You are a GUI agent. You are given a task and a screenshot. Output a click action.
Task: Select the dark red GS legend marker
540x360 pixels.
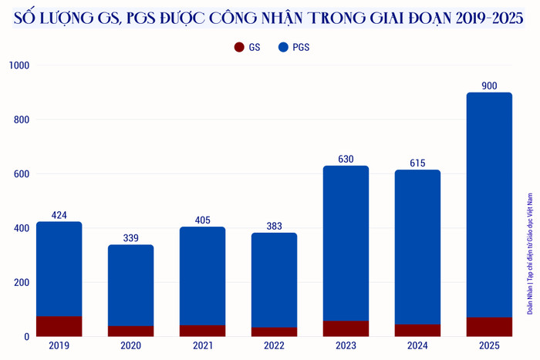click(239, 48)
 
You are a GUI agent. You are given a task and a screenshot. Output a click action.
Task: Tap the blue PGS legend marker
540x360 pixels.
click(283, 48)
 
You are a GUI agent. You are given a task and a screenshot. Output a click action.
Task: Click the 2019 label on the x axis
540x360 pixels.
click(59, 346)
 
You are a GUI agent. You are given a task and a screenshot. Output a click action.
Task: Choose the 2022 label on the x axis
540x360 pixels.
click(274, 346)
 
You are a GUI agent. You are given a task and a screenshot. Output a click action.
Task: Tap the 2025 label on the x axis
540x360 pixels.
click(489, 346)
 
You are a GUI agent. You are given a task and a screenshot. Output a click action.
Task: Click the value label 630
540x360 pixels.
click(346, 160)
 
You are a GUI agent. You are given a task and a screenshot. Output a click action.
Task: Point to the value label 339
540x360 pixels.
click(130, 238)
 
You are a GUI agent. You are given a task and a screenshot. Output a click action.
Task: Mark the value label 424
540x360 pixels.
click(59, 215)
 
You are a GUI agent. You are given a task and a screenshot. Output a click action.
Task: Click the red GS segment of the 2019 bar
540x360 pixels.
click(59, 326)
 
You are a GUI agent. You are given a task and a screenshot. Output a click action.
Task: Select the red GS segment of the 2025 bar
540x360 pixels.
click(489, 327)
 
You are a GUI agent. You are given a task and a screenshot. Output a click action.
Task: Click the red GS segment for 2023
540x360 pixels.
click(346, 328)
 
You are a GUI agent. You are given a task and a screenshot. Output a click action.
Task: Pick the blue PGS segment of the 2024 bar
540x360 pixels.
click(417, 247)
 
